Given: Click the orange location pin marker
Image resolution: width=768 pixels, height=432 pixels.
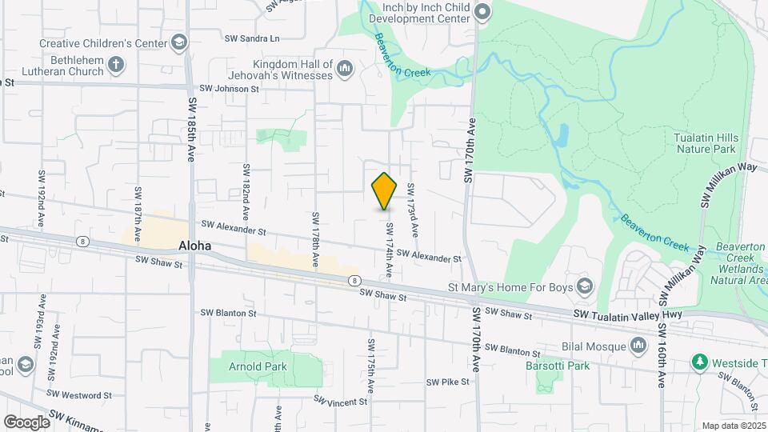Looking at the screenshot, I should pyautogui.click(x=385, y=191).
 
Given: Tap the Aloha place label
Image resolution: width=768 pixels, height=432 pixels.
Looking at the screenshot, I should pyautogui.click(x=195, y=246).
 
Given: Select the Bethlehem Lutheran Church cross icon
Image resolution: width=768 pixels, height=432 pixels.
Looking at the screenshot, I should pyautogui.click(x=117, y=65).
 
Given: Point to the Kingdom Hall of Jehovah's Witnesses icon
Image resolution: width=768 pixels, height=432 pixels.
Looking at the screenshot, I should pyautogui.click(x=345, y=70).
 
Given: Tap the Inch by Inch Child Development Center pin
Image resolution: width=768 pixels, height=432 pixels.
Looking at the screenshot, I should pyautogui.click(x=482, y=11).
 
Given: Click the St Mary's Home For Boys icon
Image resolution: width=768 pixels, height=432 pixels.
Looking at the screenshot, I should pyautogui.click(x=585, y=286).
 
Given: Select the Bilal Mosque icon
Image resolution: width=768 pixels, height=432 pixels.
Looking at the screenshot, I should pyautogui.click(x=638, y=345).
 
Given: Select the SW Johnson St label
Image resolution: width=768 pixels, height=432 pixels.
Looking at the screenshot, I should pyautogui.click(x=230, y=89).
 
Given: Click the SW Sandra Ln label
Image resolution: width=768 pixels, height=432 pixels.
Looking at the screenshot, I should pyautogui.click(x=253, y=38).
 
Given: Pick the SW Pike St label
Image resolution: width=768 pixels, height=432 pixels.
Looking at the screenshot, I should pyautogui.click(x=447, y=382).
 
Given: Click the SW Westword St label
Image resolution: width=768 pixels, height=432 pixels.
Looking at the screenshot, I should pyautogui.click(x=79, y=394).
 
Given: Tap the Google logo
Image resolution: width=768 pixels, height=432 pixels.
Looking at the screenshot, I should pyautogui.click(x=26, y=422).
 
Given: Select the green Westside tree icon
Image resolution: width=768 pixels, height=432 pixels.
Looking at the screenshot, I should pyautogui.click(x=700, y=362).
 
